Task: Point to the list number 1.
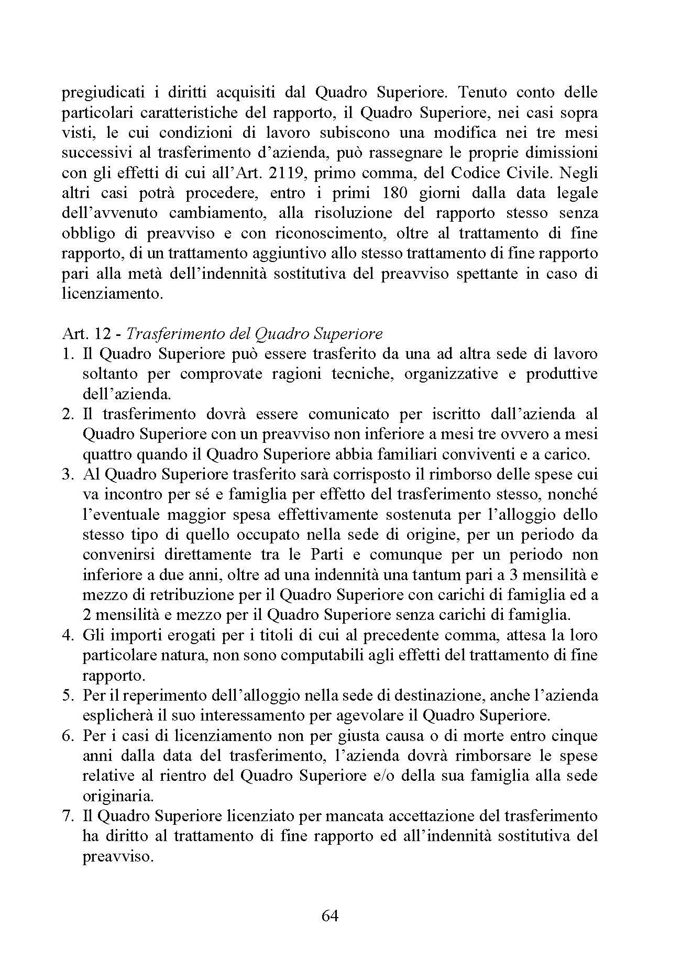point(67,354)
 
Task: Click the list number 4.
point(67,636)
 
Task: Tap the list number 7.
point(67,816)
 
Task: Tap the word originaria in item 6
point(118,797)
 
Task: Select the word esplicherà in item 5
point(114,716)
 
